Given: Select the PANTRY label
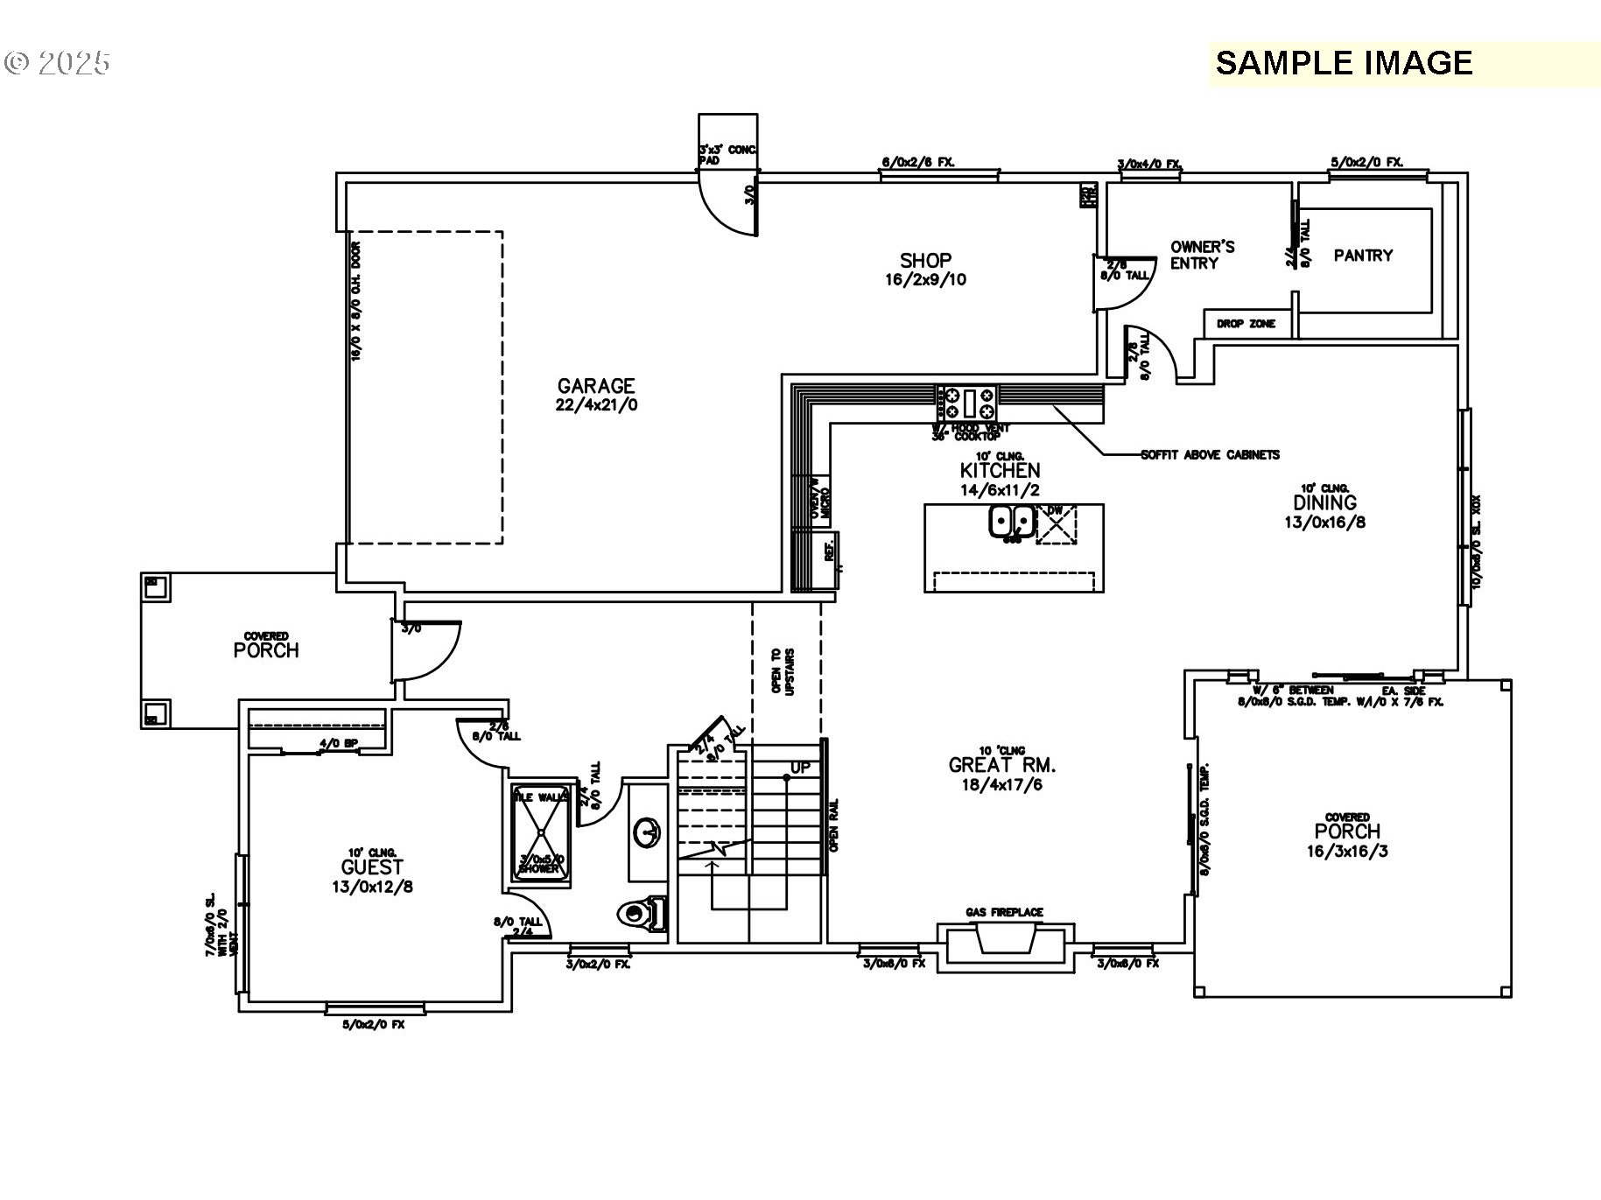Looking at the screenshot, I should [x=1363, y=256].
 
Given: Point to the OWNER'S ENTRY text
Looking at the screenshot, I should [x=1202, y=255].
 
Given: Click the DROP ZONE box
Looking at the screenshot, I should [x=1246, y=324].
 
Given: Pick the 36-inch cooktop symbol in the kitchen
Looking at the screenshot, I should [x=967, y=403].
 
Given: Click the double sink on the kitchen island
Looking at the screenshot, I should [x=1011, y=522].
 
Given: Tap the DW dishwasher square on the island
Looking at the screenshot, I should [x=1057, y=524].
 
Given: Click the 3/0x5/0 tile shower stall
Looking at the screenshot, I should [x=541, y=831].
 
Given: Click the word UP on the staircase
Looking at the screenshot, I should [x=800, y=768].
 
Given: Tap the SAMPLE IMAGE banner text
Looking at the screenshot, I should [x=1344, y=63].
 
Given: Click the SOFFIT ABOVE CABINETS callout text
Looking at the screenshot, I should [x=1210, y=455].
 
